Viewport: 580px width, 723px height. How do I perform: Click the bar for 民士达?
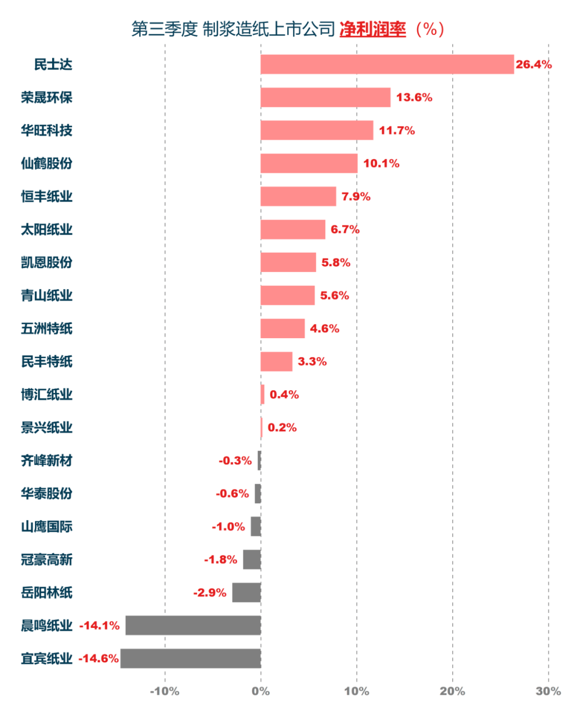coord(387,64)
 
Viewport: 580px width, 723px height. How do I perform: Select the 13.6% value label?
coord(414,97)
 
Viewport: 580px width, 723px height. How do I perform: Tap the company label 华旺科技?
coord(47,130)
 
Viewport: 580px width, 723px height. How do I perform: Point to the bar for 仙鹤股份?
coord(309,163)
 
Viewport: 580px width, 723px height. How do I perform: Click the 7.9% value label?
coord(356,196)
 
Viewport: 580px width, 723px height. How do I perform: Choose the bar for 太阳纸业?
coord(293,229)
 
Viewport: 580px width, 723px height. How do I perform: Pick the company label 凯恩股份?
coord(47,262)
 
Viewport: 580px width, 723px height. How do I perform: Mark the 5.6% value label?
coord(335,295)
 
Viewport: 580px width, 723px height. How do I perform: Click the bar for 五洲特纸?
coord(282,328)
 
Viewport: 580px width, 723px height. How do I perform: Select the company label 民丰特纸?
coord(47,362)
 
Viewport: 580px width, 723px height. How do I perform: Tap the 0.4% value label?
coord(284,395)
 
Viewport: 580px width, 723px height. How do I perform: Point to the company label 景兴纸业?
coord(47,428)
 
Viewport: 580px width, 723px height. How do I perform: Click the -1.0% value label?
coord(228,527)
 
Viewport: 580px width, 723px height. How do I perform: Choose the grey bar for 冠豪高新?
coord(252,559)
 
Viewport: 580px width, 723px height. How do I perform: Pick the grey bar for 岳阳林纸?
coord(247,593)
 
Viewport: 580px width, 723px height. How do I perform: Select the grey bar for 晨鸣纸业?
coord(193,625)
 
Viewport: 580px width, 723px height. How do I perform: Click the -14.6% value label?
coord(99,659)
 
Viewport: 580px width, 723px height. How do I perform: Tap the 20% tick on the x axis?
coord(452,691)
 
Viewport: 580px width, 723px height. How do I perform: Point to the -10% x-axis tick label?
coord(164,691)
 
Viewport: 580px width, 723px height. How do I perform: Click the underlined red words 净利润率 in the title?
coord(373,29)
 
